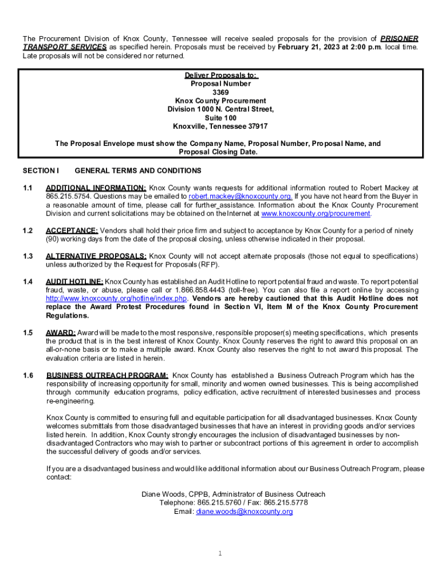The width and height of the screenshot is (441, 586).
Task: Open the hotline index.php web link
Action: point(117,299)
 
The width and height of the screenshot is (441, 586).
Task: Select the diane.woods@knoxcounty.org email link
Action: point(245,512)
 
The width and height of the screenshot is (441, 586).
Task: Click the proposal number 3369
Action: point(220,92)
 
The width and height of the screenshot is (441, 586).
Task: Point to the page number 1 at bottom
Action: point(220,553)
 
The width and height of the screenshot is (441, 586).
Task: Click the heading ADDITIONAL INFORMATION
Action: point(96,188)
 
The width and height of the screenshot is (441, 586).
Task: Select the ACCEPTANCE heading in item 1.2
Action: point(72,230)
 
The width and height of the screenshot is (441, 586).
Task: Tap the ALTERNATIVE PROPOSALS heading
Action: point(96,256)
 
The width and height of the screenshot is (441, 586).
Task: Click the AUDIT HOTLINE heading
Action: point(74,282)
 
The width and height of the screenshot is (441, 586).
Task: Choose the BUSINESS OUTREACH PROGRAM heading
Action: point(107,375)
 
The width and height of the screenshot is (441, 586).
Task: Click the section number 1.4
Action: point(27,282)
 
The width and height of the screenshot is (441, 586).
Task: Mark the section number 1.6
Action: point(27,375)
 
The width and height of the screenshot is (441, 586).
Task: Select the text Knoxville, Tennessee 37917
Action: point(220,126)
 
